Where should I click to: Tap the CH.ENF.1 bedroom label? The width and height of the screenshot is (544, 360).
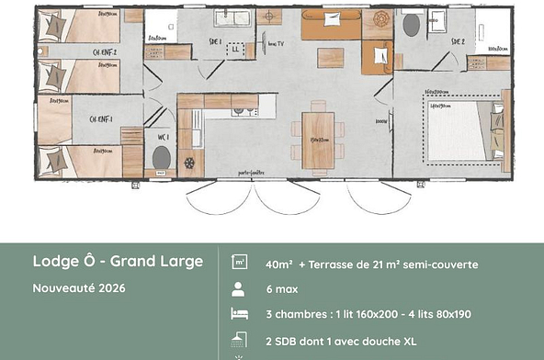pos(101,119)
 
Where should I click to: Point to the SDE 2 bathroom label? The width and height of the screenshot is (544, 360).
pos(457,42)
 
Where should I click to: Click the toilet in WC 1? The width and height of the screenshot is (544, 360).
pos(162,158)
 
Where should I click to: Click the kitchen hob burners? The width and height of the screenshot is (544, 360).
pos(243,112)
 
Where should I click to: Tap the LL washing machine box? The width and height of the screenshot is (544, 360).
pos(238,49)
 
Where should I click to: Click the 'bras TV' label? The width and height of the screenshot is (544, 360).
pos(275,42)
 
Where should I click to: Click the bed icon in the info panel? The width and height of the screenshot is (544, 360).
pos(238,314)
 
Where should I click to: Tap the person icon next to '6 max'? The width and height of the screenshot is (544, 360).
pos(238,288)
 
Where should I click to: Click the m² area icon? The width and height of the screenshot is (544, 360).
pos(238,263)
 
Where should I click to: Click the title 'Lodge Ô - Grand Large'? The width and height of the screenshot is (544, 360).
pos(118,262)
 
